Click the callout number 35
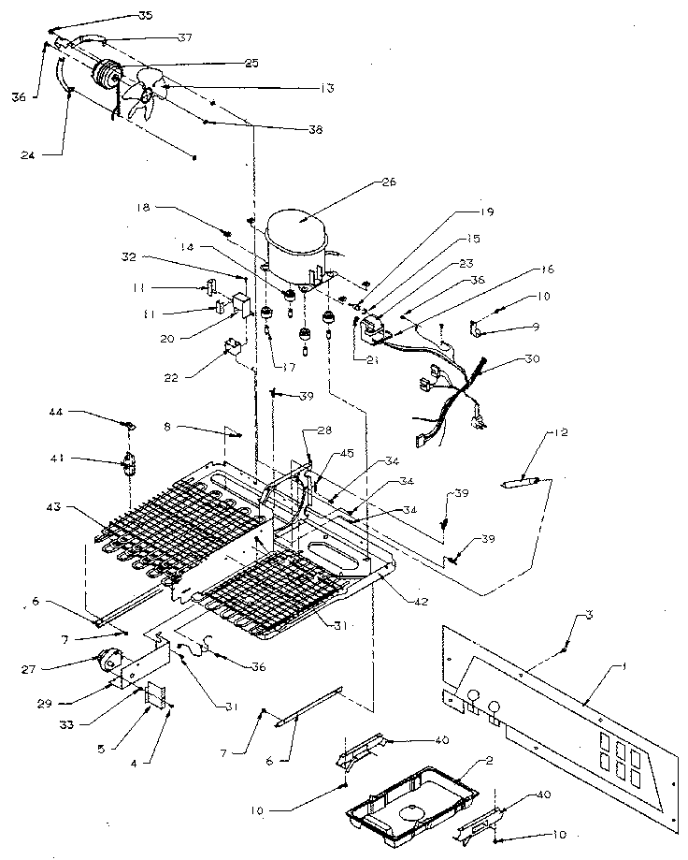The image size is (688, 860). coord(146,16)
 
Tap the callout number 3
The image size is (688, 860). coord(590,614)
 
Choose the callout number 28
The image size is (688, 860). coord(324,430)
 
